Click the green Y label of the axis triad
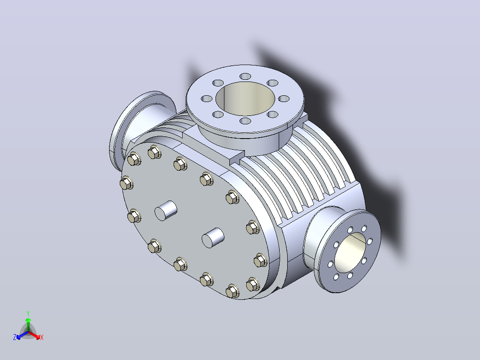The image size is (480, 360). (28, 313)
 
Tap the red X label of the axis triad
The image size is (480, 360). (42, 337)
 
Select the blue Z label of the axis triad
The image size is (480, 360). (15, 337)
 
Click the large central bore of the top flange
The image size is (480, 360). (245, 98)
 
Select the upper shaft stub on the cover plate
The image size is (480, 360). (166, 210)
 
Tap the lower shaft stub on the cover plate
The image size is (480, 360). (213, 238)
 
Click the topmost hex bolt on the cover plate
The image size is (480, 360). (155, 152)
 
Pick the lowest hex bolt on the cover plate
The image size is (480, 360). (232, 291)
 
